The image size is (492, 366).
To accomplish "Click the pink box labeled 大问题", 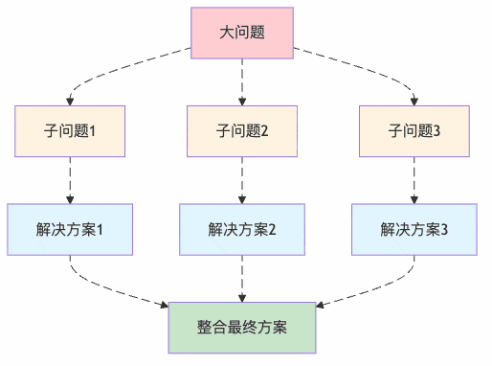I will (241, 34).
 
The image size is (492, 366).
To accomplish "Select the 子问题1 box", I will (70, 131).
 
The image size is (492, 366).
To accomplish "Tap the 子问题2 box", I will (241, 131).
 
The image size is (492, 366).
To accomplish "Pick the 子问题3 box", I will (414, 131).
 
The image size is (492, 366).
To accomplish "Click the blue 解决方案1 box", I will (70, 230).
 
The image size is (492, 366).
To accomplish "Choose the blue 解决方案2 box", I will (241, 230).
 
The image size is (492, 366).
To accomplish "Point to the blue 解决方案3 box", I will (414, 230).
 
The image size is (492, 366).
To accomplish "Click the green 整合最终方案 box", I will (241, 328).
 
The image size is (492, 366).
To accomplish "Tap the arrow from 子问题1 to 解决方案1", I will (70, 180).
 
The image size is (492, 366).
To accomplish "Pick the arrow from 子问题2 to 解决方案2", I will (241, 180).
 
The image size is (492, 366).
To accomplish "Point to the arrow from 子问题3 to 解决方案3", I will (414, 180).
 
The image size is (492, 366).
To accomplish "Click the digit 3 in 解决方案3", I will (444, 230).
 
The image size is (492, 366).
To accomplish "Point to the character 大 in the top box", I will (226, 34).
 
